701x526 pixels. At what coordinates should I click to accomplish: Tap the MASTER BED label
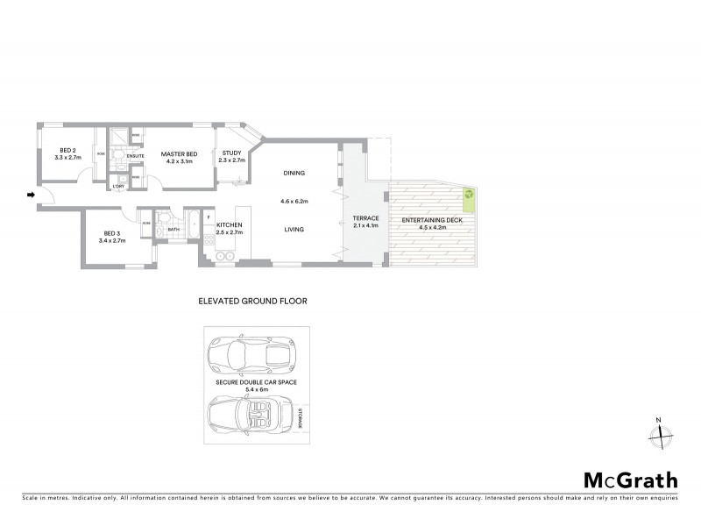[179, 155]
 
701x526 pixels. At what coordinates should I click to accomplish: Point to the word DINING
[294, 173]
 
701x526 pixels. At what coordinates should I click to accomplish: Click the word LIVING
[294, 230]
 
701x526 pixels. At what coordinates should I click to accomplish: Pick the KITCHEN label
[229, 225]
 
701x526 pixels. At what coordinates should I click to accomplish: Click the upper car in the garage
[252, 356]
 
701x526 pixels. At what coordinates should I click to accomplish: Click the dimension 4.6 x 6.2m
[294, 201]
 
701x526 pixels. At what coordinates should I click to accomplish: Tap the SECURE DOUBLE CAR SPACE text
[252, 383]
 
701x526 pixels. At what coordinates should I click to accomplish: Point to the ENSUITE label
[135, 157]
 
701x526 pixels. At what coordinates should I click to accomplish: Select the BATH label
[173, 230]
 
